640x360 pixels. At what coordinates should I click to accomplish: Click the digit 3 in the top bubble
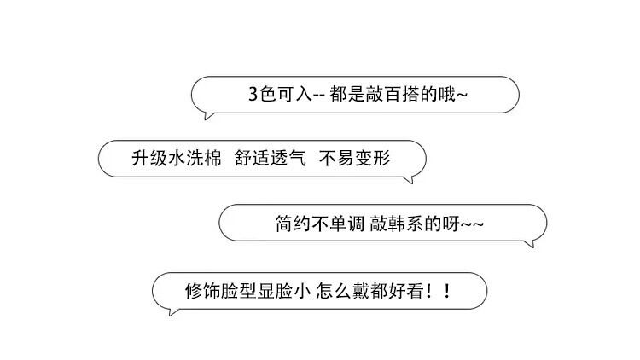253,95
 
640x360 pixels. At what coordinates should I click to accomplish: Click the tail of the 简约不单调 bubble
531,245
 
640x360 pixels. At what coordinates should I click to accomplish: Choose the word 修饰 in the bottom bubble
201,289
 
